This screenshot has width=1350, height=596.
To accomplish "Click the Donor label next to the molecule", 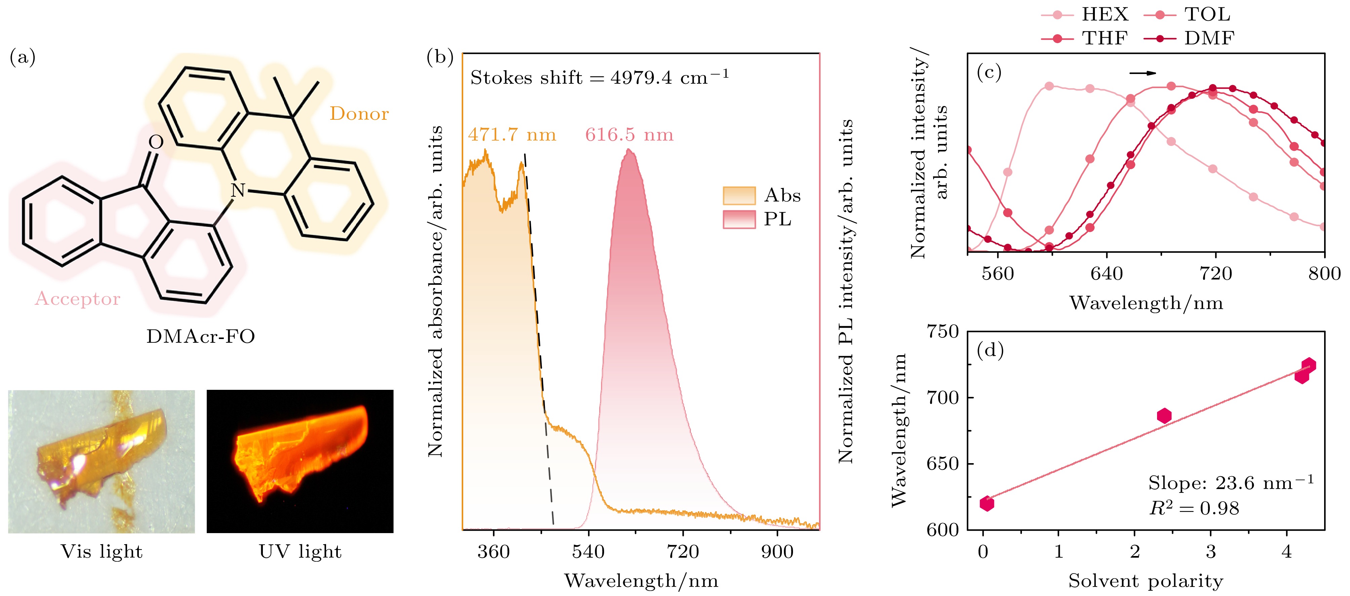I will [359, 114].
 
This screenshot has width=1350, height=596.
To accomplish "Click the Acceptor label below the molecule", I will [78, 299].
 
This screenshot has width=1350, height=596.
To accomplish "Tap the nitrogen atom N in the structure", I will [238, 190].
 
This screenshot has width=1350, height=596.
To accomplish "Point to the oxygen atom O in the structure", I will [156, 142].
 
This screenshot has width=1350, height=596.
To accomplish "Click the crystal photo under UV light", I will [300, 461].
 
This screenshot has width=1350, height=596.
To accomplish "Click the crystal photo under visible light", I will [101, 461].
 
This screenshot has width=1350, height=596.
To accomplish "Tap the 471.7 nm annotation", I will [512, 135].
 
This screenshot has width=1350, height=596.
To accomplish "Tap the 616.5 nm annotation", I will [629, 135].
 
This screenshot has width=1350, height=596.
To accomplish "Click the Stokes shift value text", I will [599, 78].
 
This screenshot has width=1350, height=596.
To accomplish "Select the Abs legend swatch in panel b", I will [739, 195].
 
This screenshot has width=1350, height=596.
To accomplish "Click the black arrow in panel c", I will [1143, 73].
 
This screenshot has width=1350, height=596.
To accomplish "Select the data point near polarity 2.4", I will [1164, 416].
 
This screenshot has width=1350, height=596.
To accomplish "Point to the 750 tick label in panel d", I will [942, 332].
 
